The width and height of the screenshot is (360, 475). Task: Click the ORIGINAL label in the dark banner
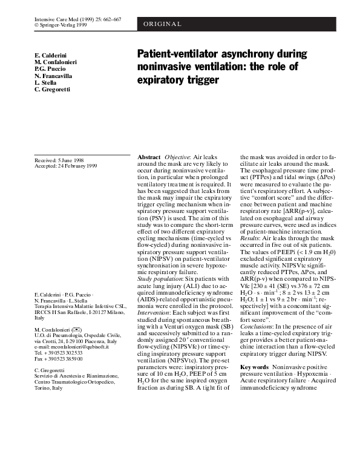click(163, 24)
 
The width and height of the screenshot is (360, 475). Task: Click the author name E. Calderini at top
click(52, 55)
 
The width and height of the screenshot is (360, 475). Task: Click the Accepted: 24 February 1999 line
click(65, 166)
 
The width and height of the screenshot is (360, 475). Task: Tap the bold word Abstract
click(149, 157)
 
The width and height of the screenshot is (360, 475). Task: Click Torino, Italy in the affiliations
click(48, 388)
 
